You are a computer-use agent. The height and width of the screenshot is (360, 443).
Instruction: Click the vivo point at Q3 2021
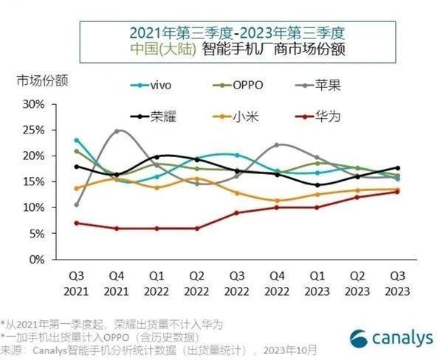[77, 139]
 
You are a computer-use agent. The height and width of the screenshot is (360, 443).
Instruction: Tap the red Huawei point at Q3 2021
[77, 223]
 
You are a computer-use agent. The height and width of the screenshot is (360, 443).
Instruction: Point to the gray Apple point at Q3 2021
[77, 204]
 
